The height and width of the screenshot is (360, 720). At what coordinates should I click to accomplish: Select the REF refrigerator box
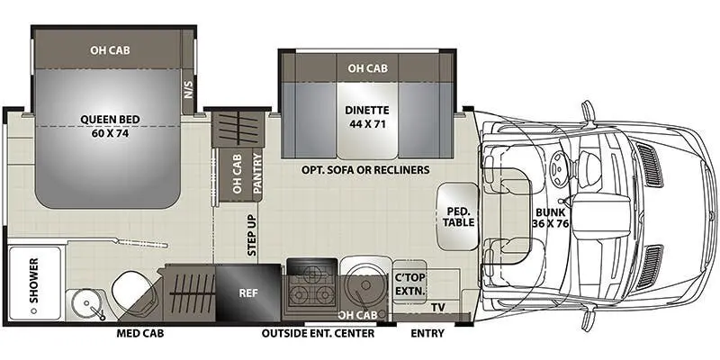(248, 292)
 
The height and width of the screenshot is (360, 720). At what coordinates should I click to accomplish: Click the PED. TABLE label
(455, 217)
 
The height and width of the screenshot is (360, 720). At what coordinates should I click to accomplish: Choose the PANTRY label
(256, 172)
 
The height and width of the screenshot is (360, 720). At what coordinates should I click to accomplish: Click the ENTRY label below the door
(427, 334)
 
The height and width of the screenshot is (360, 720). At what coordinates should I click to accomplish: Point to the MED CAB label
(139, 334)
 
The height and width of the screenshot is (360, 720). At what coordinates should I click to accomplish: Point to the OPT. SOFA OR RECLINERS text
(365, 169)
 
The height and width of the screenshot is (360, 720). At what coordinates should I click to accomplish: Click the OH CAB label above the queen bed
(109, 50)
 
